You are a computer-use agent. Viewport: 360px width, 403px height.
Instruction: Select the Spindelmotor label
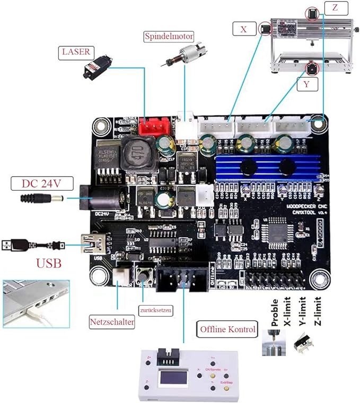(x=169, y=37)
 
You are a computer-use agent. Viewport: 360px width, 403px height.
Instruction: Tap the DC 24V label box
(x=41, y=184)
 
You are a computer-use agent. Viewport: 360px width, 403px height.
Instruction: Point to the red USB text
(x=48, y=263)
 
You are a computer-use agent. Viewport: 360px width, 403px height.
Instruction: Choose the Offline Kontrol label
(x=227, y=329)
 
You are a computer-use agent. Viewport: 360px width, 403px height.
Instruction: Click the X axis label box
(x=243, y=29)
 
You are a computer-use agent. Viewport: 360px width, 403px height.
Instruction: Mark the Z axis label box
(x=334, y=8)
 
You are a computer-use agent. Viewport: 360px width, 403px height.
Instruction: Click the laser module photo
(x=94, y=70)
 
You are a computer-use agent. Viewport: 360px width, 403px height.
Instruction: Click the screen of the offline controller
(x=172, y=379)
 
